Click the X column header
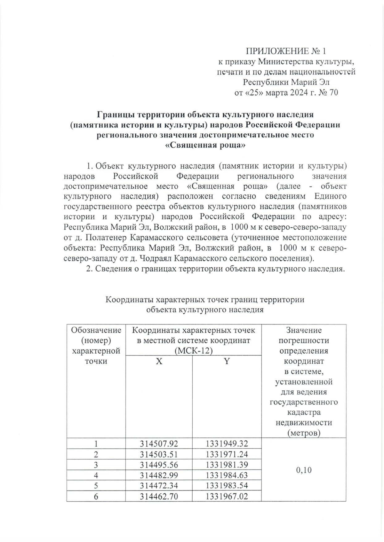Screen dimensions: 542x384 click(x=159, y=361)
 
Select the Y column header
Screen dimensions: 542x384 click(x=227, y=361)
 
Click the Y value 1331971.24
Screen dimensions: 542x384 click(x=227, y=454)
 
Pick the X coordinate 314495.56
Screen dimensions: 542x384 click(x=159, y=465)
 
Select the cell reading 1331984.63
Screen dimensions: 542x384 click(x=227, y=475)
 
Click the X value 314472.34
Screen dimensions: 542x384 click(x=159, y=485)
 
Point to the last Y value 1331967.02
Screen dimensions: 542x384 click(x=227, y=496)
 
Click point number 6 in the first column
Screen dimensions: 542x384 click(x=96, y=496)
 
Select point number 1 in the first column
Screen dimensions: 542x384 click(x=96, y=444)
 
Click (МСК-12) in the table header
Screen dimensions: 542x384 click(x=194, y=351)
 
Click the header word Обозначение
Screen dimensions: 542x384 click(x=96, y=330)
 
